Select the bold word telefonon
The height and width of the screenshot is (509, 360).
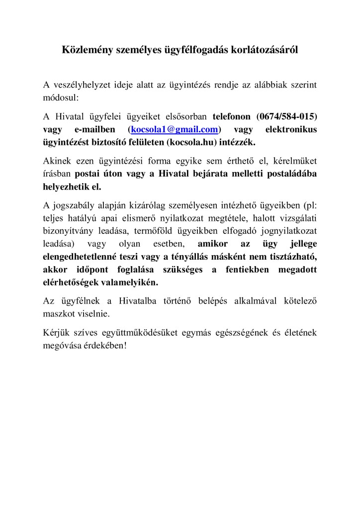tap(233, 117)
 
